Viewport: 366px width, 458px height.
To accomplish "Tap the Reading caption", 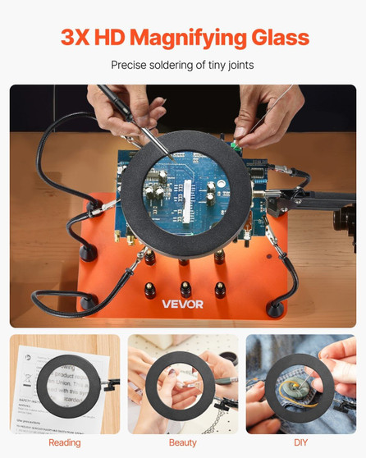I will [64, 442].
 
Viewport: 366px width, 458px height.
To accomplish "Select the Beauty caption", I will [182, 442].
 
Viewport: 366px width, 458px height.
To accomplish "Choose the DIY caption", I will [300, 442].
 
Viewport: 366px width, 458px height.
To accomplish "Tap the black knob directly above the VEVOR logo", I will [185, 288].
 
